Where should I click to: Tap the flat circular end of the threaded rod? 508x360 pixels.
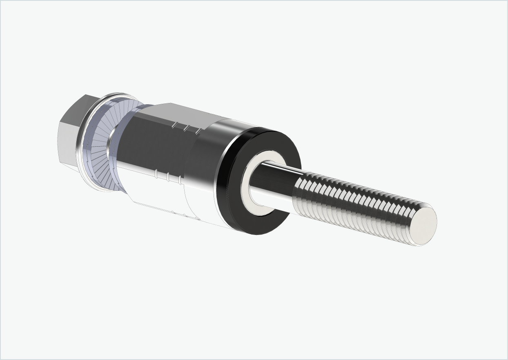point(426,225)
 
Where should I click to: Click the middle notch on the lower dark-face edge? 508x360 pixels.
point(168,176)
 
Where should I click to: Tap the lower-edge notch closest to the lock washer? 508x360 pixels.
point(156,174)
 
